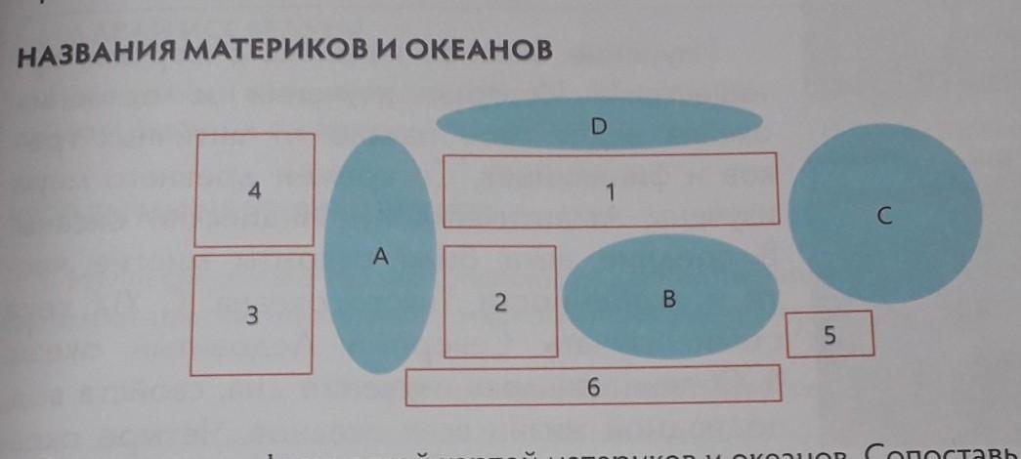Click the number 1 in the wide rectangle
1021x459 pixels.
(x=610, y=192)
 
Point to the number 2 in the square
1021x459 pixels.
(x=499, y=302)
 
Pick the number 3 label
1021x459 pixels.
(x=252, y=315)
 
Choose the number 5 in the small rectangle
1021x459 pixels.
(x=830, y=335)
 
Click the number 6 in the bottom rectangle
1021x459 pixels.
(x=593, y=387)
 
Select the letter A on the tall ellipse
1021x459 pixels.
(x=381, y=257)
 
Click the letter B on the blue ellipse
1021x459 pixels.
(x=669, y=300)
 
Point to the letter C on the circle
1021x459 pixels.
(x=882, y=218)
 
